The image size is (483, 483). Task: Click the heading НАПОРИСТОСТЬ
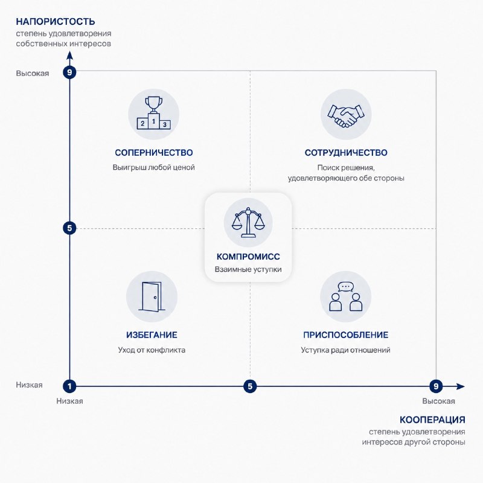pos(56,22)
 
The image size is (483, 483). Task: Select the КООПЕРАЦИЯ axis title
pos(432,420)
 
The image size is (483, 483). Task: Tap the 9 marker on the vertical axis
pos(69,72)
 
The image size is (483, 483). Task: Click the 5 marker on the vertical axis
pos(69,228)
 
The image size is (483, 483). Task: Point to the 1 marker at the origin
pos(69,386)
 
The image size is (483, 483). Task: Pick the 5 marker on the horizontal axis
pos(250,386)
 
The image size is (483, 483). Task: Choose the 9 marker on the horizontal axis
pos(436,386)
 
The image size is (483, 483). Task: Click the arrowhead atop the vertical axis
pos(70,55)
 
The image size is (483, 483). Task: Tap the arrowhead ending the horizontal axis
pos(461,386)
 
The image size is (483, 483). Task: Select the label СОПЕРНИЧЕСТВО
pos(154,153)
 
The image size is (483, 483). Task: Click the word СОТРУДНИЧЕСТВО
pos(346,153)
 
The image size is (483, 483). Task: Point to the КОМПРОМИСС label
pos(248,257)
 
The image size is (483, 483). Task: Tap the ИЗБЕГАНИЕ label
pos(152,335)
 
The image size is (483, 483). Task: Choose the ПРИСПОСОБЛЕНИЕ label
pos(345,335)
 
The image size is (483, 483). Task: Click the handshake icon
pos(346,115)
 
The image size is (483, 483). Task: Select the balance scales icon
pos(248,222)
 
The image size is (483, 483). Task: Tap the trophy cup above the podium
pos(153,104)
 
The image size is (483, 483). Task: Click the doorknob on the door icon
pos(155,297)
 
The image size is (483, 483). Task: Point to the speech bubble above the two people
pos(345,287)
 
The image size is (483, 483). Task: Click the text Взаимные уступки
pos(248,269)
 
